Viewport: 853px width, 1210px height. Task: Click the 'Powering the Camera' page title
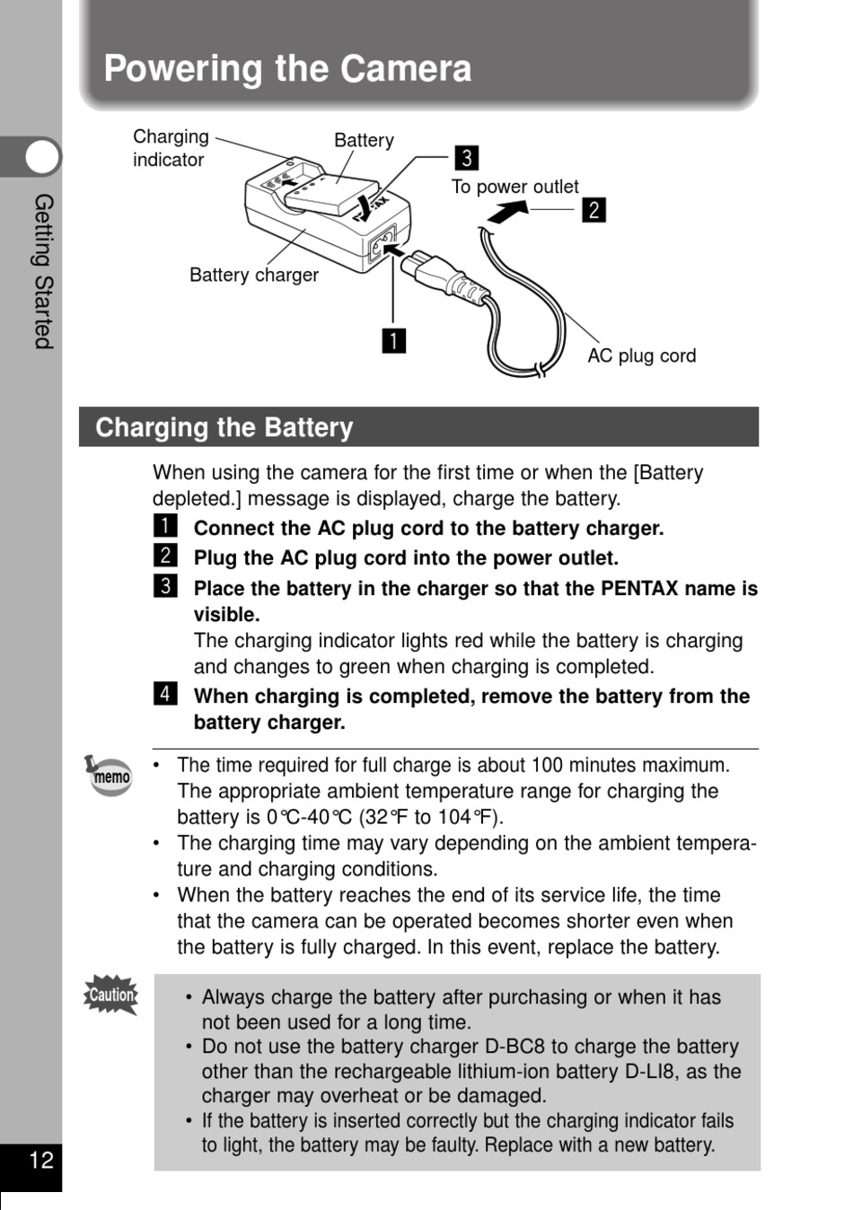click(x=287, y=69)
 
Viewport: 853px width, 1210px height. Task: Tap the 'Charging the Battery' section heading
click(x=224, y=427)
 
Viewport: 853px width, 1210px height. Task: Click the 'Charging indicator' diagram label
click(x=171, y=148)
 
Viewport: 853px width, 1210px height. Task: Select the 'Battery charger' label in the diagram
click(x=254, y=275)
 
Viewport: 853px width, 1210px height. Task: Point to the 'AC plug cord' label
click(x=641, y=355)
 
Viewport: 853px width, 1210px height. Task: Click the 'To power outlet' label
click(x=514, y=187)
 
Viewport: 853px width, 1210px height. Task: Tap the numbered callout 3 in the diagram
click(x=466, y=158)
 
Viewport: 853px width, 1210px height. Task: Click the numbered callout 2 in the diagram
click(x=594, y=210)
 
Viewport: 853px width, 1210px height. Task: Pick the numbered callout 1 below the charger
click(x=393, y=341)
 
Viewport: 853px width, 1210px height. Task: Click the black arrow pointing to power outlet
click(x=507, y=212)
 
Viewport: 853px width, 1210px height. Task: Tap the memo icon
click(x=110, y=775)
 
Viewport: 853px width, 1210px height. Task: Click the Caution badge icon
click(x=111, y=995)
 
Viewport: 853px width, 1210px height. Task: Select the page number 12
click(x=41, y=1161)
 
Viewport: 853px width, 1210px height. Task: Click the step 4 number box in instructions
click(x=165, y=694)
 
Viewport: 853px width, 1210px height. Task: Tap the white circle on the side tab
click(x=41, y=158)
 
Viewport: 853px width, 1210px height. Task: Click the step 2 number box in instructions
click(x=165, y=556)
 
